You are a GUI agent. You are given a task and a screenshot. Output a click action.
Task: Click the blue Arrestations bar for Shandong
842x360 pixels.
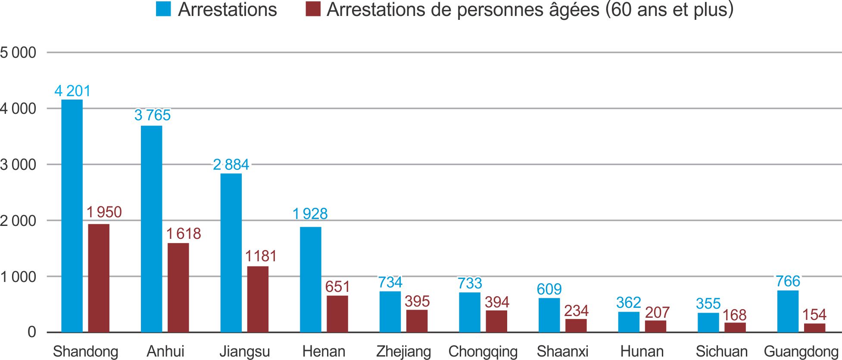(72, 216)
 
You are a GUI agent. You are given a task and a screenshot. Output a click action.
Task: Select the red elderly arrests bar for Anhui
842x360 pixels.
(178, 288)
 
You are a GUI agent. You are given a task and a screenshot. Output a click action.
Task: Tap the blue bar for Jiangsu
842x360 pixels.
(231, 253)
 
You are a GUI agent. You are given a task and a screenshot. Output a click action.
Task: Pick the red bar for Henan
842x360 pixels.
(337, 313)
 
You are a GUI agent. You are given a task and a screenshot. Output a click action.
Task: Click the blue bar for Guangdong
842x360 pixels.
(788, 311)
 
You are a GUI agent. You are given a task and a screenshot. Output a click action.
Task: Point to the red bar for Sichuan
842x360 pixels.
(735, 327)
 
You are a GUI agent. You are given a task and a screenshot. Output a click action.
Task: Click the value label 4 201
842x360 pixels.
(72, 91)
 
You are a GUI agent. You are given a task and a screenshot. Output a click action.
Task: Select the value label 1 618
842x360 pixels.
(184, 234)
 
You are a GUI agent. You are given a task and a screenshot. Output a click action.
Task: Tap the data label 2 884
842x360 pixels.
(231, 165)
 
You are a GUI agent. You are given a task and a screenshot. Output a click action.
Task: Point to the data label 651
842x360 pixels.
(337, 287)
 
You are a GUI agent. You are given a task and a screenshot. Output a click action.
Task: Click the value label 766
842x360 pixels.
(788, 281)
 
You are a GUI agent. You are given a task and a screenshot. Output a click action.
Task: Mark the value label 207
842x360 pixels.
(657, 312)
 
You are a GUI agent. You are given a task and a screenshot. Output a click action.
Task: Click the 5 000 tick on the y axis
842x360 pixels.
(18, 53)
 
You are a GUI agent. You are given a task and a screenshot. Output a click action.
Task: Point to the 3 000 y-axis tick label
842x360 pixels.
(18, 165)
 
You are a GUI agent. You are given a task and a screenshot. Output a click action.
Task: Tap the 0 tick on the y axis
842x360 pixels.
(32, 332)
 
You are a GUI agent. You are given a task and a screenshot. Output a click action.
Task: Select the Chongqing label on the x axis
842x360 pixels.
(483, 351)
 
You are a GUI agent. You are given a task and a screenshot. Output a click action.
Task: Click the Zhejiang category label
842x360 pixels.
(403, 351)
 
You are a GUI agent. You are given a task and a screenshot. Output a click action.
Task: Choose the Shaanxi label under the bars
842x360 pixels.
(562, 351)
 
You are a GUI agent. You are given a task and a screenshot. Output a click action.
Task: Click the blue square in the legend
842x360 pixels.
(163, 9)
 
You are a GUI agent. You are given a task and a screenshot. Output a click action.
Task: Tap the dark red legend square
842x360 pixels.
(313, 9)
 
